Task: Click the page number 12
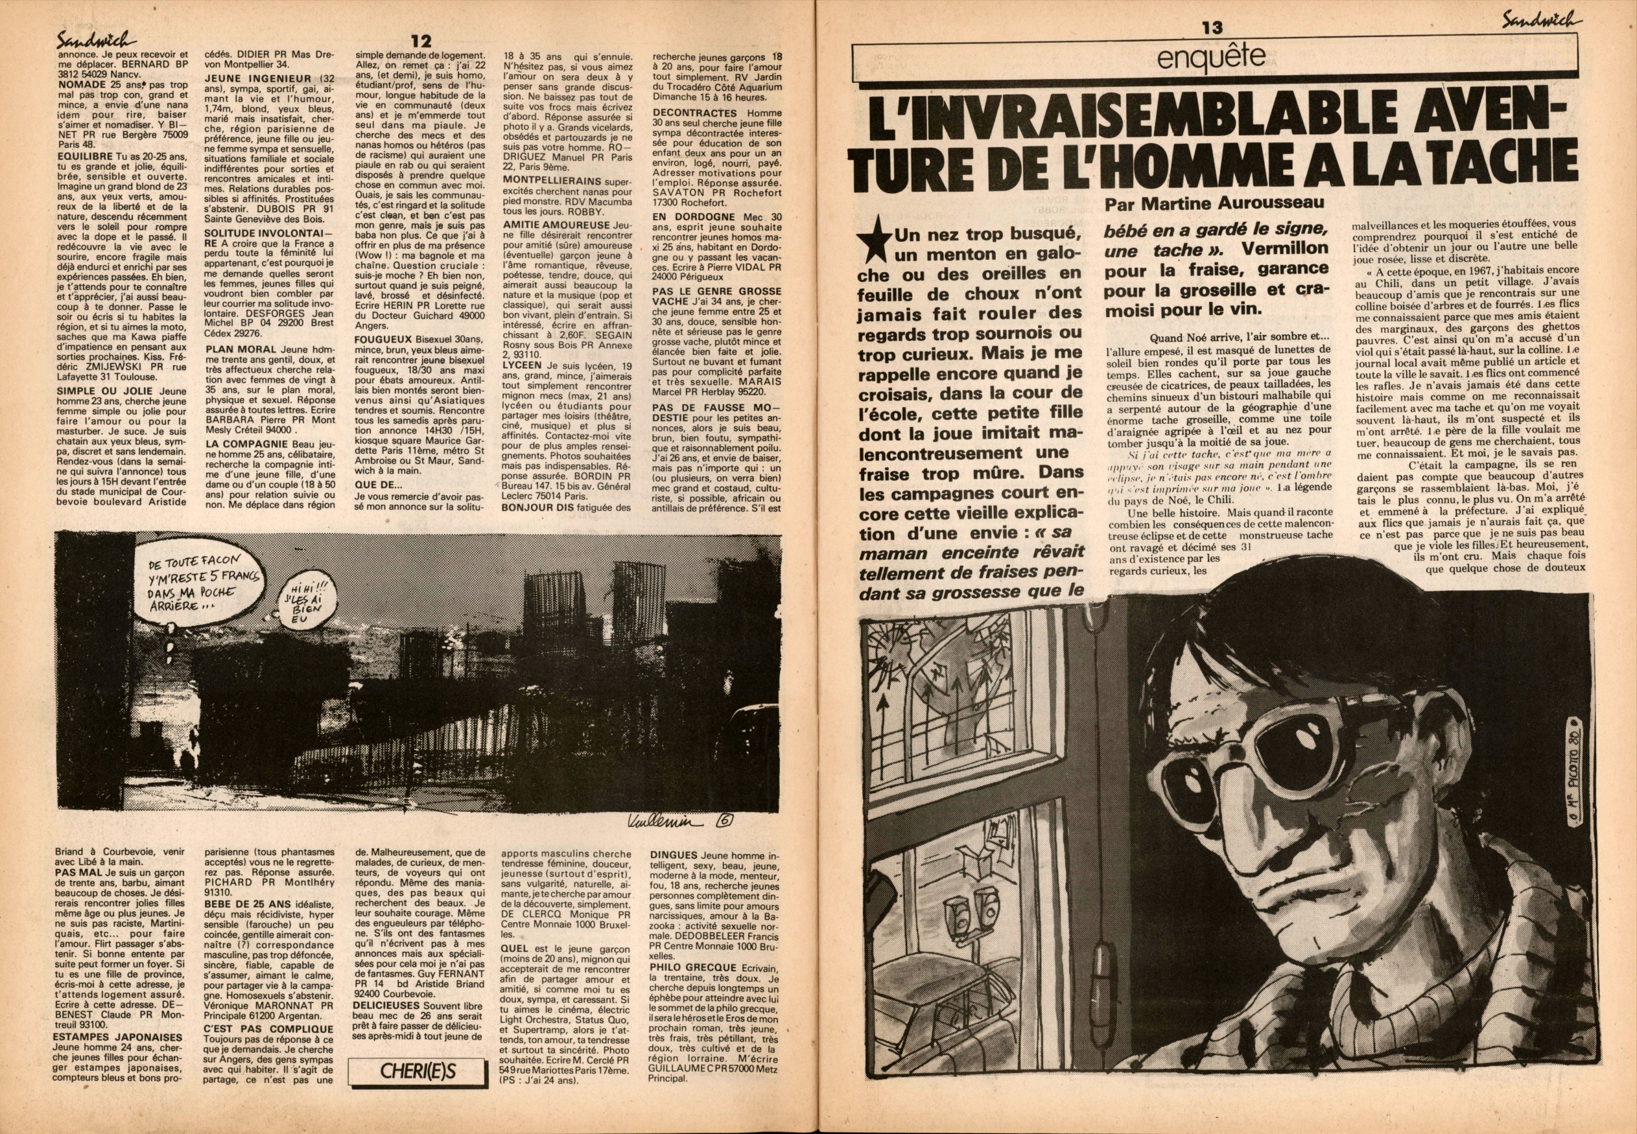tap(421, 42)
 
